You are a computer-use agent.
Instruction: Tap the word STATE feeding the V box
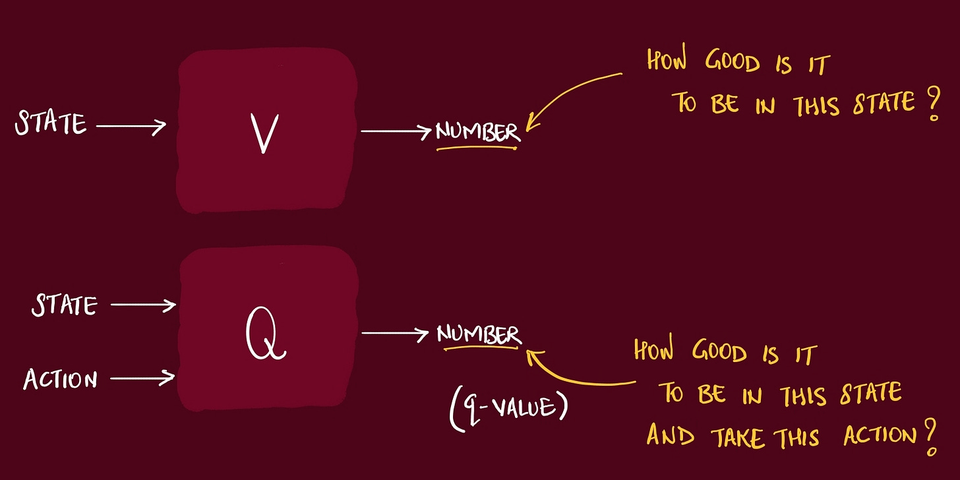tap(51, 123)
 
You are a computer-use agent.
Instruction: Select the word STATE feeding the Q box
tap(65, 305)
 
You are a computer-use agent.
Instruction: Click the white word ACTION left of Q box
tap(61, 379)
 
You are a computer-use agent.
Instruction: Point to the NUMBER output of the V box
tap(477, 132)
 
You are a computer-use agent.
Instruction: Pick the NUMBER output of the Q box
tap(479, 335)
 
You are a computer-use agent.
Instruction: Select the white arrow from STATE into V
tap(131, 125)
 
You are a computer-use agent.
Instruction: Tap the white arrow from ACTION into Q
tap(142, 378)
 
